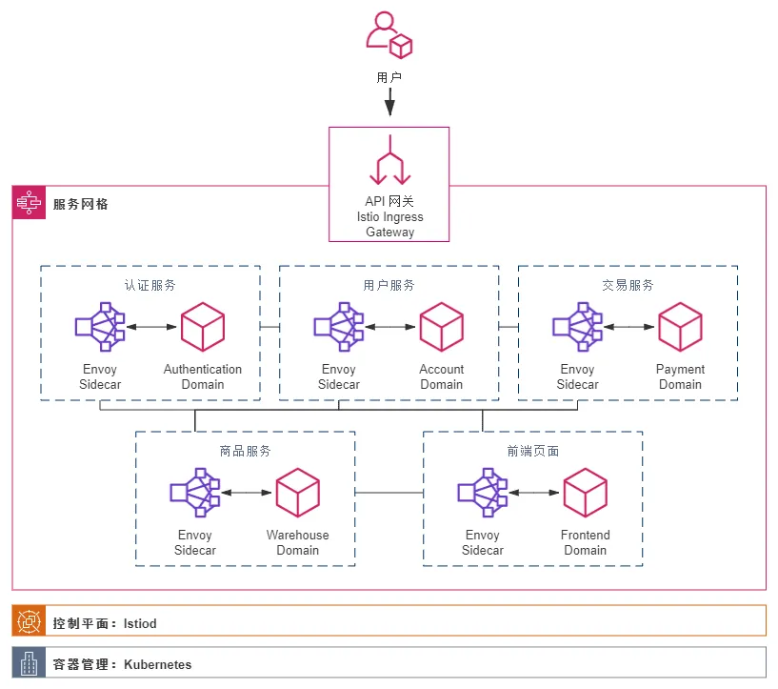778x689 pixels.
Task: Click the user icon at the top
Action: pos(389,35)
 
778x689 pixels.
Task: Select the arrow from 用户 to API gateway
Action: pos(390,102)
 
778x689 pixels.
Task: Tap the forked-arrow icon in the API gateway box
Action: pos(390,160)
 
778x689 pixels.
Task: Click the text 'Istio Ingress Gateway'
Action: pos(390,224)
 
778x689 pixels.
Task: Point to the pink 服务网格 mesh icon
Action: pos(29,203)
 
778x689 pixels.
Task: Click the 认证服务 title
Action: pos(150,285)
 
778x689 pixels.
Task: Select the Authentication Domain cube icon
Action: pos(203,327)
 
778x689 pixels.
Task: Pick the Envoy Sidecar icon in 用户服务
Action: pos(339,327)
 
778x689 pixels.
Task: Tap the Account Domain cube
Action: pos(441,327)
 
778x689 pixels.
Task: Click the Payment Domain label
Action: pos(680,376)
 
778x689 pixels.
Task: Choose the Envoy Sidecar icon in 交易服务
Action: pos(577,327)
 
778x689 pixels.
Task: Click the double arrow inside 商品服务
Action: pos(246,493)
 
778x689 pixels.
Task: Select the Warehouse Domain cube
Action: pos(297,493)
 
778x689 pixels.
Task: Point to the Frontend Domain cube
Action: pos(585,493)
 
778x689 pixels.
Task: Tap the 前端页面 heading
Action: pos(533,451)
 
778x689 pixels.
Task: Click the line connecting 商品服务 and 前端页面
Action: pos(389,493)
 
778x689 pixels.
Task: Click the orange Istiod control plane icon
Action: pos(29,621)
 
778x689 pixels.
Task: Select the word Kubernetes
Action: pos(158,664)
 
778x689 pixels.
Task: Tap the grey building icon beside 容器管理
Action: pos(29,662)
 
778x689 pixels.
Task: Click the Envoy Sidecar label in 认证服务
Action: pos(100,376)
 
